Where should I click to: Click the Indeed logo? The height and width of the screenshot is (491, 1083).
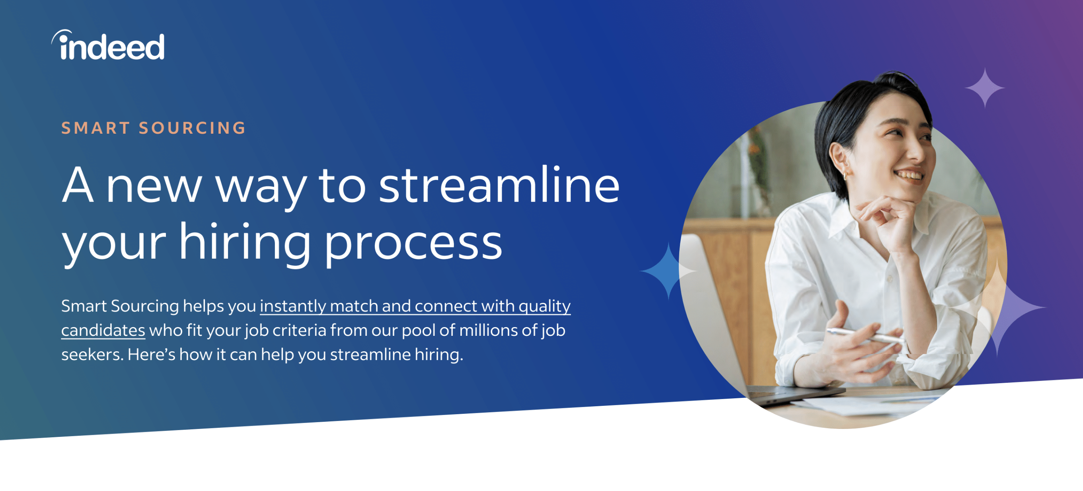coord(108,45)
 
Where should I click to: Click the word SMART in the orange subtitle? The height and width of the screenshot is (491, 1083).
coord(95,128)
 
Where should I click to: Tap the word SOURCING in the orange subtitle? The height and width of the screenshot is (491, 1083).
coord(192,128)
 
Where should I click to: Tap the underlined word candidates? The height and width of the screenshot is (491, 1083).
coord(103,330)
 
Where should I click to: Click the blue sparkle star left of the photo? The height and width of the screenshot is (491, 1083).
coord(668,271)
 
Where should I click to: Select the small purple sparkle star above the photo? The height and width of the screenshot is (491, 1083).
coord(985,88)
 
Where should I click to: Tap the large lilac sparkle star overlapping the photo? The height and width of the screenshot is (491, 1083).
coord(997,308)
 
